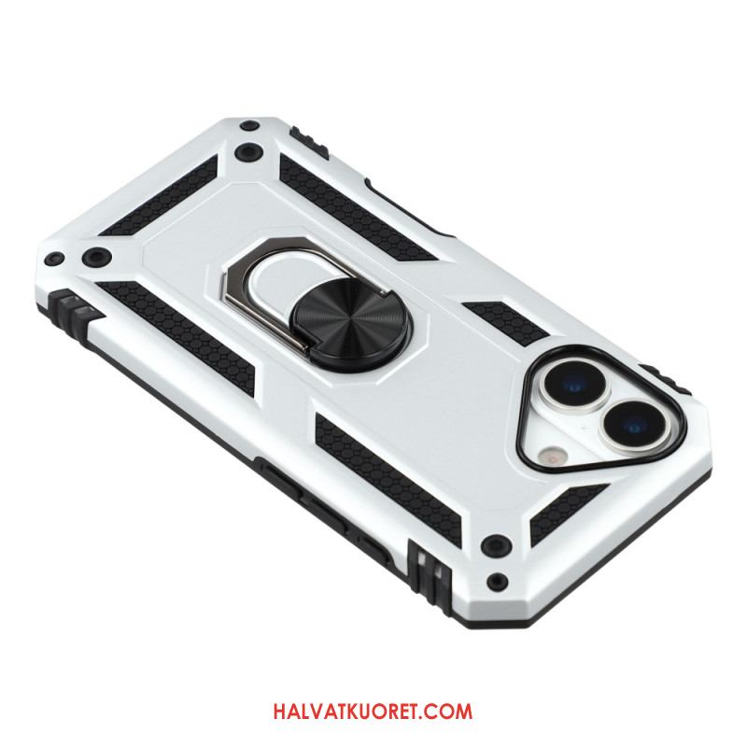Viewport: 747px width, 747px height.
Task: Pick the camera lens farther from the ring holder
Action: (635, 423)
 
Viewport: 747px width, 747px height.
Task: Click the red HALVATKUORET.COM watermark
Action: (373, 712)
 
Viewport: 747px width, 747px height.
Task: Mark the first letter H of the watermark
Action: (280, 712)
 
